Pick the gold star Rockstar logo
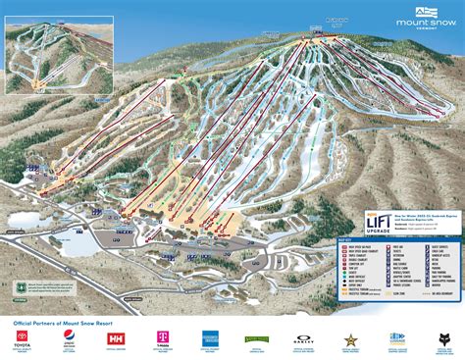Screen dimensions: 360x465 tap(349, 339)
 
